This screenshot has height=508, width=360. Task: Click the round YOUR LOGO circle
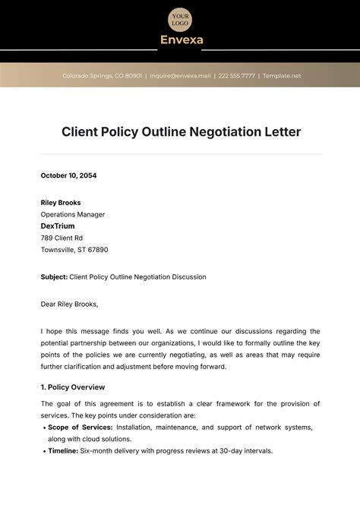[180, 18]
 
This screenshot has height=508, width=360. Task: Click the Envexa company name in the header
[181, 39]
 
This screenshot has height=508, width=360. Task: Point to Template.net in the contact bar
[282, 76]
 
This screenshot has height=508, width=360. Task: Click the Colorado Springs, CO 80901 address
[102, 76]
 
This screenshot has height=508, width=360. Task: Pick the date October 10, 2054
[68, 175]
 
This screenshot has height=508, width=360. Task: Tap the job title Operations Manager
[73, 214]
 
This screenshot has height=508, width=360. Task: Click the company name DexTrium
[58, 226]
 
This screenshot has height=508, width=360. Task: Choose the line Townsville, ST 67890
[74, 249]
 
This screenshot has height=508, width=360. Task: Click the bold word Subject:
[55, 277]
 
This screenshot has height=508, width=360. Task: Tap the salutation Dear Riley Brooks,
[69, 304]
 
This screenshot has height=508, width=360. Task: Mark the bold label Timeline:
[63, 451]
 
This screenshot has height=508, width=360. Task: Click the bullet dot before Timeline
[43, 451]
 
